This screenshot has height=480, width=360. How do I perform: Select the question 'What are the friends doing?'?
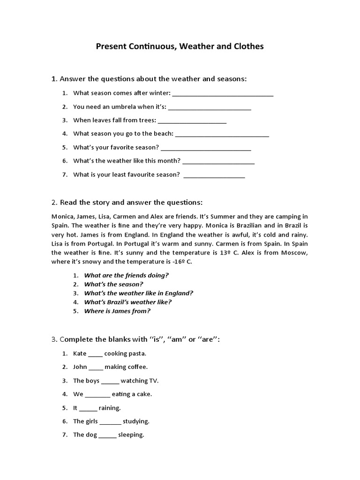pos(126,275)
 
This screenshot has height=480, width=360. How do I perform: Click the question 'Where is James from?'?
pos(117,311)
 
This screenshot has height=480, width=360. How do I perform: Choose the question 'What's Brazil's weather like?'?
pos(127,302)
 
